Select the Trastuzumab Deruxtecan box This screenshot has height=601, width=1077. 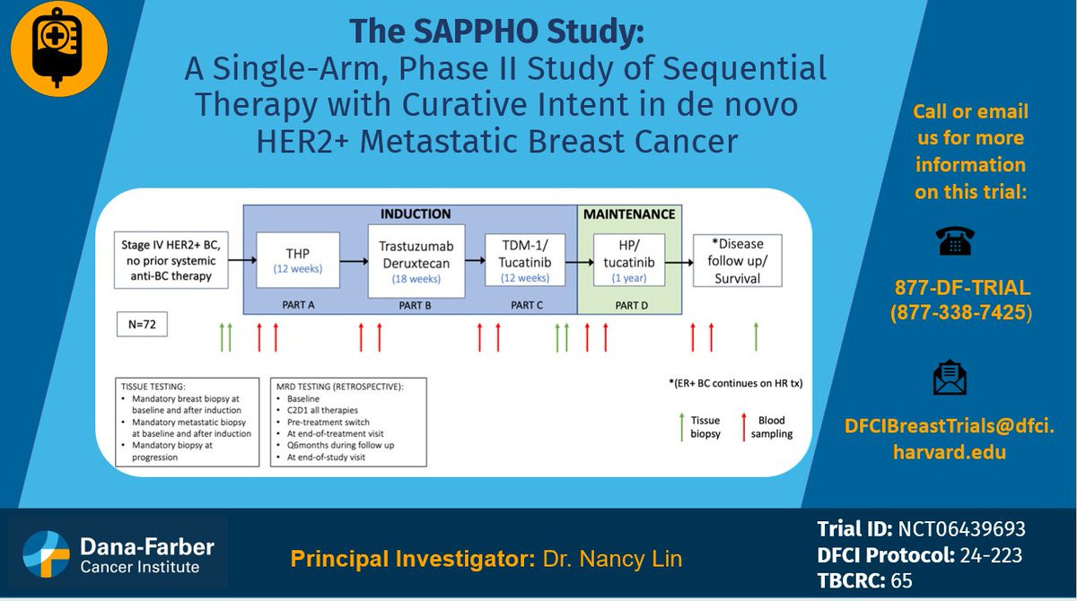coord(416,260)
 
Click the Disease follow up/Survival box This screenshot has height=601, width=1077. coord(737,260)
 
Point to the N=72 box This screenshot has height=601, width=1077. coord(142,323)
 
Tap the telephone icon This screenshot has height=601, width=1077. coord(954,240)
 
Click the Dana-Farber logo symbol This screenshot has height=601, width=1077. coord(46,553)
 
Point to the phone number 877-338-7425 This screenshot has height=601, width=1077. coord(960,314)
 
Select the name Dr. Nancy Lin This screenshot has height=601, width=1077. coord(612,560)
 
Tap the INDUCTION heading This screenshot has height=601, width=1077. coord(416,214)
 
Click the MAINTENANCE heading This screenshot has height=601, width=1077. coord(629,214)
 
